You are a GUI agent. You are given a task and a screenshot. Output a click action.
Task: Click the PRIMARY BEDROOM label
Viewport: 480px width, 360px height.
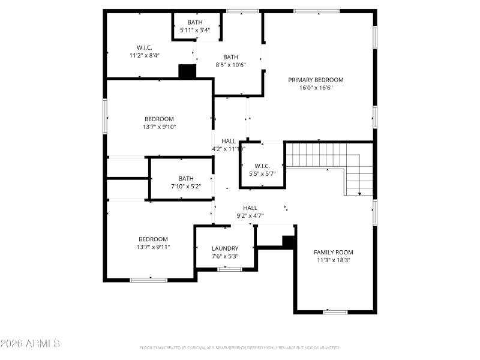(x=316, y=80)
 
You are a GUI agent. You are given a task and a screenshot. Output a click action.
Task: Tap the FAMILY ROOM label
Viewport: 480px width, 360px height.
(x=334, y=252)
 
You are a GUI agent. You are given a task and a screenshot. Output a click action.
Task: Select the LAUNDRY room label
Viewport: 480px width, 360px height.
(x=225, y=248)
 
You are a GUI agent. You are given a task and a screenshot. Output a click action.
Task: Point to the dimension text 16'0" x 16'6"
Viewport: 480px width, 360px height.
(x=316, y=88)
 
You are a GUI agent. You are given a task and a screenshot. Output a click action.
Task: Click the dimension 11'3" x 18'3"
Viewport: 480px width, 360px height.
(x=334, y=260)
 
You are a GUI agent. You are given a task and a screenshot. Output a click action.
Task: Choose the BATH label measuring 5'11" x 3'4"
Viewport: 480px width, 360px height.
(x=195, y=22)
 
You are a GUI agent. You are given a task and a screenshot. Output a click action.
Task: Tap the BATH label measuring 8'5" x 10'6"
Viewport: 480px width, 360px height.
(x=231, y=57)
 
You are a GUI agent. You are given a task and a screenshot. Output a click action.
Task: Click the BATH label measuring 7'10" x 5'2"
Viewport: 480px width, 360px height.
(x=186, y=178)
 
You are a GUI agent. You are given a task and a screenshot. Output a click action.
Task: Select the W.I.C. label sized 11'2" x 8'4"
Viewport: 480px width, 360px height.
(x=144, y=47)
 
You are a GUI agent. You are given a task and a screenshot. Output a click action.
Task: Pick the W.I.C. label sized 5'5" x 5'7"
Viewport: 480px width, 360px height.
(x=262, y=166)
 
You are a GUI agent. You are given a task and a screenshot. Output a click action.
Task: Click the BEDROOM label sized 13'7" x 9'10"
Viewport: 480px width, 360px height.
(x=159, y=119)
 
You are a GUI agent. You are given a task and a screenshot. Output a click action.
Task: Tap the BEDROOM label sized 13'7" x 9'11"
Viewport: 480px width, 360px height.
(x=154, y=239)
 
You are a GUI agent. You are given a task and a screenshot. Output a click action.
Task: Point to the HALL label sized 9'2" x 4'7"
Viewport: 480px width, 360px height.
(x=250, y=208)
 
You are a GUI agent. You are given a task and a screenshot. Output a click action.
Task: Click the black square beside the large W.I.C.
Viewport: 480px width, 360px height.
(x=188, y=71)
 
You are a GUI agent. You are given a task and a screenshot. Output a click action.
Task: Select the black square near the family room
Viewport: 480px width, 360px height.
(x=289, y=241)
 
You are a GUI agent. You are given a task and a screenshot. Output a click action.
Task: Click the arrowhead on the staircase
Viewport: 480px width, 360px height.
(x=359, y=194)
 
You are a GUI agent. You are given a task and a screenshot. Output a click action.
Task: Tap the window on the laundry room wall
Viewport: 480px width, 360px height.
(x=229, y=269)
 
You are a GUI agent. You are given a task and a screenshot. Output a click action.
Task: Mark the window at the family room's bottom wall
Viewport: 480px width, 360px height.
(x=335, y=312)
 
